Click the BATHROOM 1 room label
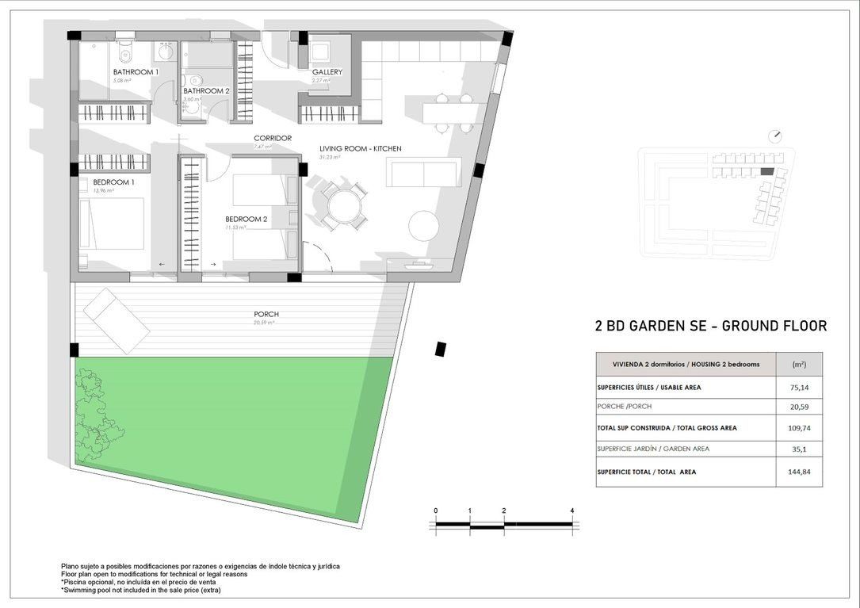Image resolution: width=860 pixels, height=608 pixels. click(x=136, y=72)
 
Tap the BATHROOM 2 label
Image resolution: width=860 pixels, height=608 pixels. click(x=206, y=90)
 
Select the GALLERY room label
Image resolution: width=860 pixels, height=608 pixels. click(x=327, y=72)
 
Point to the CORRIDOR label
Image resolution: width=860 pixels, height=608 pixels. click(x=272, y=138)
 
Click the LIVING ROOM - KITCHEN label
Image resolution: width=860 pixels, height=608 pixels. click(x=360, y=148)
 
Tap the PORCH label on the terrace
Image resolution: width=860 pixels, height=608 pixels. click(x=266, y=314)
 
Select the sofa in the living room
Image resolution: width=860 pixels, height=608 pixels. click(x=422, y=172)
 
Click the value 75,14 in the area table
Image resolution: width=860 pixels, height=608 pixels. click(x=800, y=388)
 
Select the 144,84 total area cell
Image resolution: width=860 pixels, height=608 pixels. click(x=800, y=472)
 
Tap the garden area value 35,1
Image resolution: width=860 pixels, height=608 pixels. click(x=800, y=449)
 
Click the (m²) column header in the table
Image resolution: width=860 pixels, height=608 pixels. click(x=799, y=365)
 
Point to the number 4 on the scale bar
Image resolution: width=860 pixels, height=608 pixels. click(x=571, y=510)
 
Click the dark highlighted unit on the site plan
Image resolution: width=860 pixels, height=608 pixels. click(x=766, y=171)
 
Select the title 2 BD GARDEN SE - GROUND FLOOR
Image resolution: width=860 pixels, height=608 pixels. click(x=710, y=326)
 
